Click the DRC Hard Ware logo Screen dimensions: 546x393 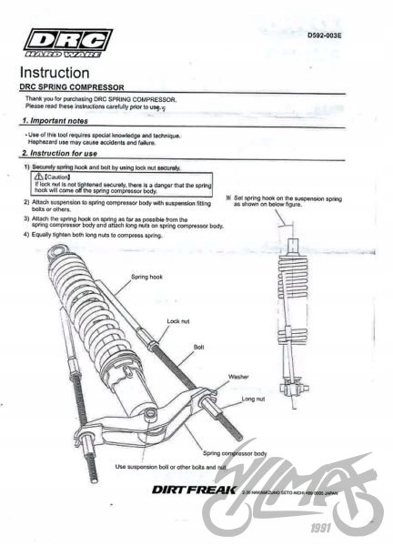(67, 43)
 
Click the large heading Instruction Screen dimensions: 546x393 (55, 72)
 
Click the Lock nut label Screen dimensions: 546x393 (179, 322)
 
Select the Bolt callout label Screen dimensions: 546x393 (199, 347)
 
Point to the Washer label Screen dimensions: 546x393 (239, 376)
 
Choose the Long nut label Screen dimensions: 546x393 (254, 399)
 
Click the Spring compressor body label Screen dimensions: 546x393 (235, 452)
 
